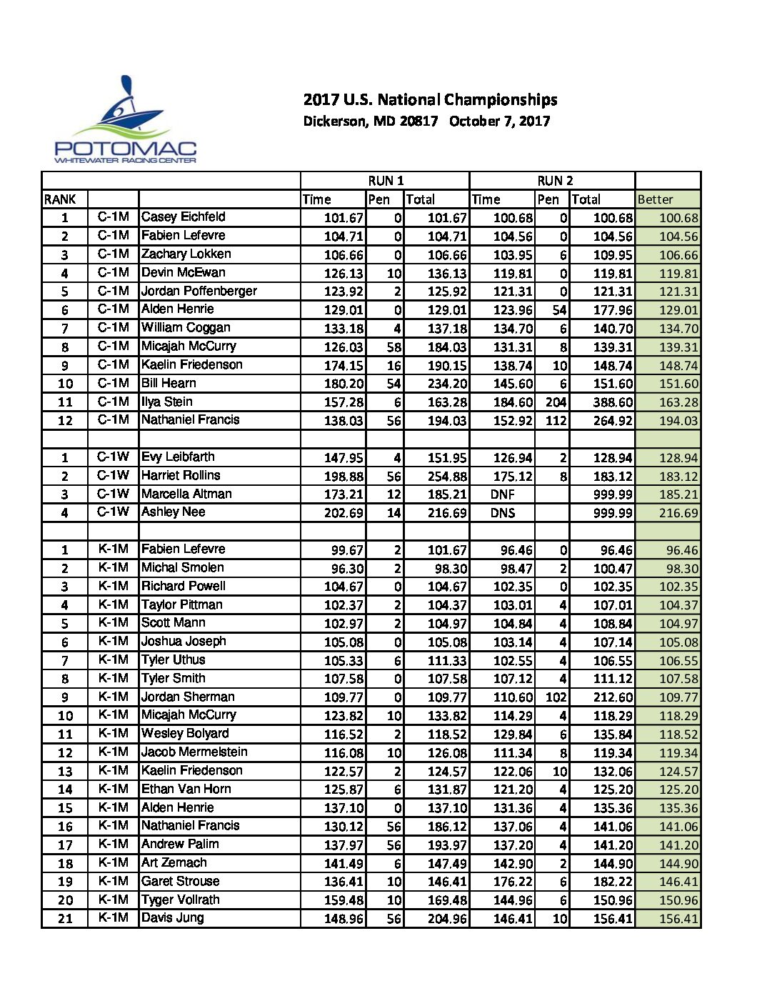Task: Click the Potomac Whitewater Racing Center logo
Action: [x=126, y=121]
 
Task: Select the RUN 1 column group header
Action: [x=386, y=181]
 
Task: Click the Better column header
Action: [x=655, y=199]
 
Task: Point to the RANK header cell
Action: [x=60, y=199]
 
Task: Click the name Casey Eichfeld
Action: [x=183, y=217]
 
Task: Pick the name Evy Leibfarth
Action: [x=178, y=457]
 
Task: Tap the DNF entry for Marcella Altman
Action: [x=503, y=494]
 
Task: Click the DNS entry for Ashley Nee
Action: [x=503, y=513]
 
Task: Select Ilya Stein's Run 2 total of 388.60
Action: [x=613, y=402]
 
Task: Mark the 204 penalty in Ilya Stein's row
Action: [x=556, y=402]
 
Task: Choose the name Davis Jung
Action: [x=172, y=918]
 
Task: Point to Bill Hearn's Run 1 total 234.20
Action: [x=447, y=384]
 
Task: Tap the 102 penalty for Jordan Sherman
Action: [x=556, y=697]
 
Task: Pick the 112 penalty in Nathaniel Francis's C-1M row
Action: [x=556, y=421]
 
